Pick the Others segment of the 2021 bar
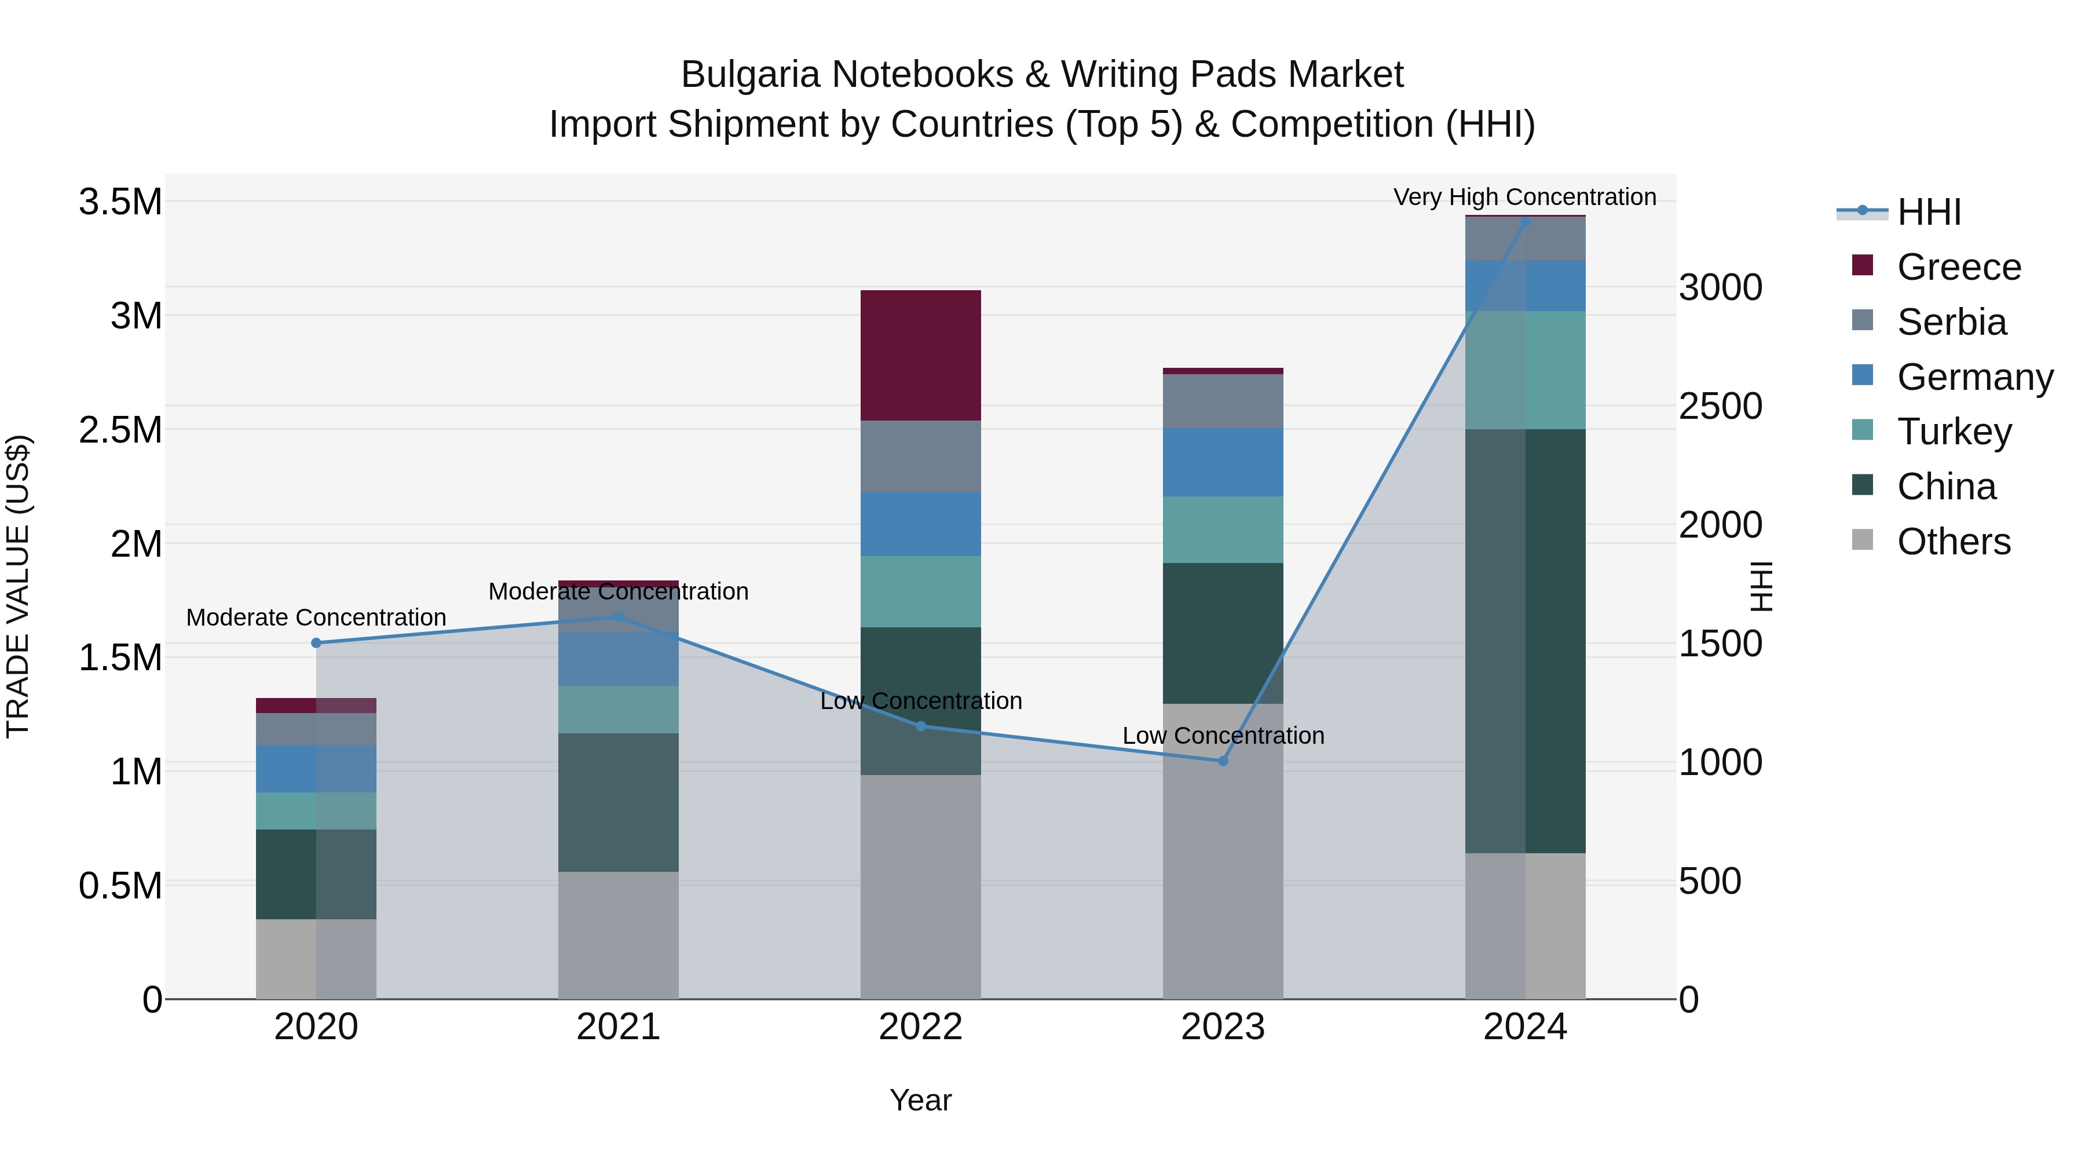pyautogui.click(x=619, y=935)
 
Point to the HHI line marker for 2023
pyautogui.click(x=1223, y=761)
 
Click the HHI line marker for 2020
pyautogui.click(x=316, y=643)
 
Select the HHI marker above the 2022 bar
pyautogui.click(x=920, y=726)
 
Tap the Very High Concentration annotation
pyautogui.click(x=1524, y=197)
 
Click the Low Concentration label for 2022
pyautogui.click(x=920, y=700)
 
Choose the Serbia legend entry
pyautogui.click(x=1951, y=322)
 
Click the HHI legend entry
pyautogui.click(x=1928, y=212)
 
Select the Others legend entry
pyautogui.click(x=1952, y=542)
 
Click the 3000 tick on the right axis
pyautogui.click(x=1720, y=287)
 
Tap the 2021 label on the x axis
pyautogui.click(x=619, y=1027)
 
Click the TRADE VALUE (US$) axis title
pyautogui.click(x=18, y=586)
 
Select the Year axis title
pyautogui.click(x=920, y=1100)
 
